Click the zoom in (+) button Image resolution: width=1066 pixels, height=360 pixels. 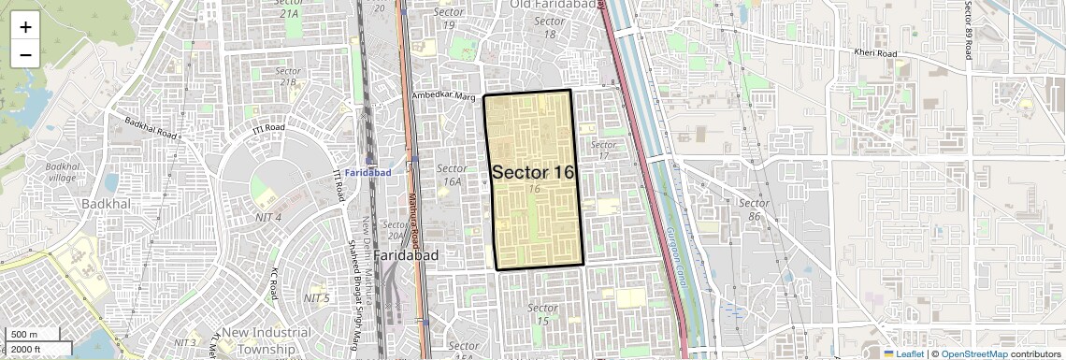pos(25,27)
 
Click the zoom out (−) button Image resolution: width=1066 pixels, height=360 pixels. pos(25,54)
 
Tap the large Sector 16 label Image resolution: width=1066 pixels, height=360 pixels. pos(533,173)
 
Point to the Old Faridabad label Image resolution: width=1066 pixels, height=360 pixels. pos(554,7)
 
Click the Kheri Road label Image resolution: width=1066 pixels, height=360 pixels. pos(874,52)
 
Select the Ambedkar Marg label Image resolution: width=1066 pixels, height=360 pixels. pos(445,96)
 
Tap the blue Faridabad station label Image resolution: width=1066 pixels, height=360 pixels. pos(367,173)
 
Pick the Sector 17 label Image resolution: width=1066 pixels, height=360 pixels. pos(604,151)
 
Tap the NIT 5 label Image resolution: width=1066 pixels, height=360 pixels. pos(316,298)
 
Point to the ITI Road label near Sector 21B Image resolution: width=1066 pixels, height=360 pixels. pos(267,127)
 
